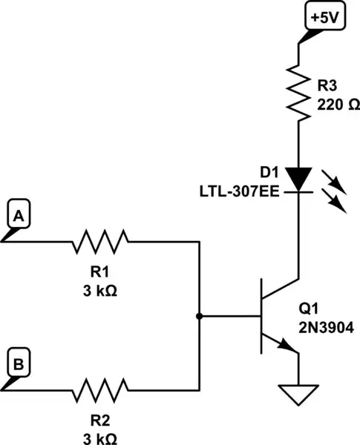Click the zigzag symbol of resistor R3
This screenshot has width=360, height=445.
click(298, 92)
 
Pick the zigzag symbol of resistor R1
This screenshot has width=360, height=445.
click(99, 240)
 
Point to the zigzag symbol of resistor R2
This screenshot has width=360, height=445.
click(99, 389)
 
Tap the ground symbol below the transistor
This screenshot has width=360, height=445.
click(298, 395)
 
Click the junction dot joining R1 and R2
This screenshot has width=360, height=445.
click(199, 316)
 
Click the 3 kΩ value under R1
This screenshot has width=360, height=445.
click(99, 289)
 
